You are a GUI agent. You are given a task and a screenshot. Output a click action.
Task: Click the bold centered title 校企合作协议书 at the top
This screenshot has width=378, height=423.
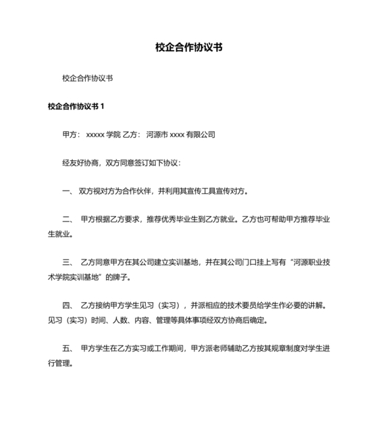(189, 48)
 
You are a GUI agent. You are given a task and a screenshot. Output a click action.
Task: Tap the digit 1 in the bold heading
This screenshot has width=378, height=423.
(103, 106)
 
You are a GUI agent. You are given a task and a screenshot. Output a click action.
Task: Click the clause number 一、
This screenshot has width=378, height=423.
(67, 191)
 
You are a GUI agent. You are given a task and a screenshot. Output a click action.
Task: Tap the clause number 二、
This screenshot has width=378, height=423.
(67, 220)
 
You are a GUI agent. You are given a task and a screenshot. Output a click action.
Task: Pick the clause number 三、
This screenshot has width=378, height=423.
(67, 262)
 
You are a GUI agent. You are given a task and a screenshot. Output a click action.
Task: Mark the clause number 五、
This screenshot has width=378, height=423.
(67, 348)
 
